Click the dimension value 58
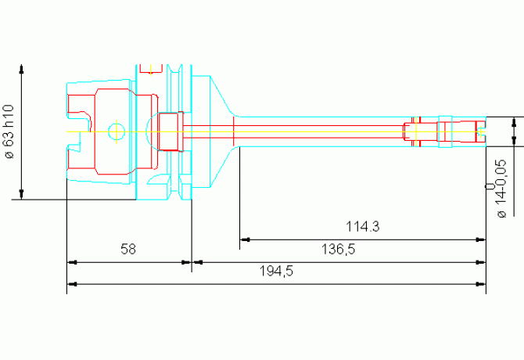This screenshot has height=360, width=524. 128,250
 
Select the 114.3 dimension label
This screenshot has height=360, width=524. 362,227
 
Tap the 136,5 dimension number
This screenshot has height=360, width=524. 339,249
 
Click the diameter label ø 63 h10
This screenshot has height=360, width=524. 9,131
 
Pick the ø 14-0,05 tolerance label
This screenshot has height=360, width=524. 497,189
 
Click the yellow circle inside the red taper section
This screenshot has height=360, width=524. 116,131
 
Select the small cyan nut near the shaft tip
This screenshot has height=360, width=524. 444,131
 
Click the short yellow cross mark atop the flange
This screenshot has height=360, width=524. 148,69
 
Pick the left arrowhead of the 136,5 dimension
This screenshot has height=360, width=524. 197,261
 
